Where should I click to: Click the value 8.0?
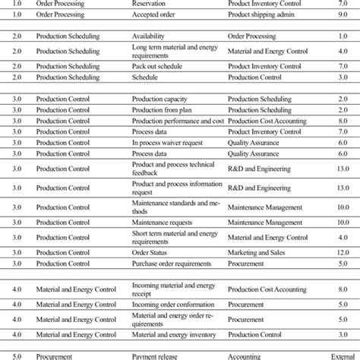(343, 121)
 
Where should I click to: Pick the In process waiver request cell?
(169, 142)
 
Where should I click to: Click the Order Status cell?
(151, 251)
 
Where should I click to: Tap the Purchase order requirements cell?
(175, 262)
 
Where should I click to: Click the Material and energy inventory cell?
(179, 332)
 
